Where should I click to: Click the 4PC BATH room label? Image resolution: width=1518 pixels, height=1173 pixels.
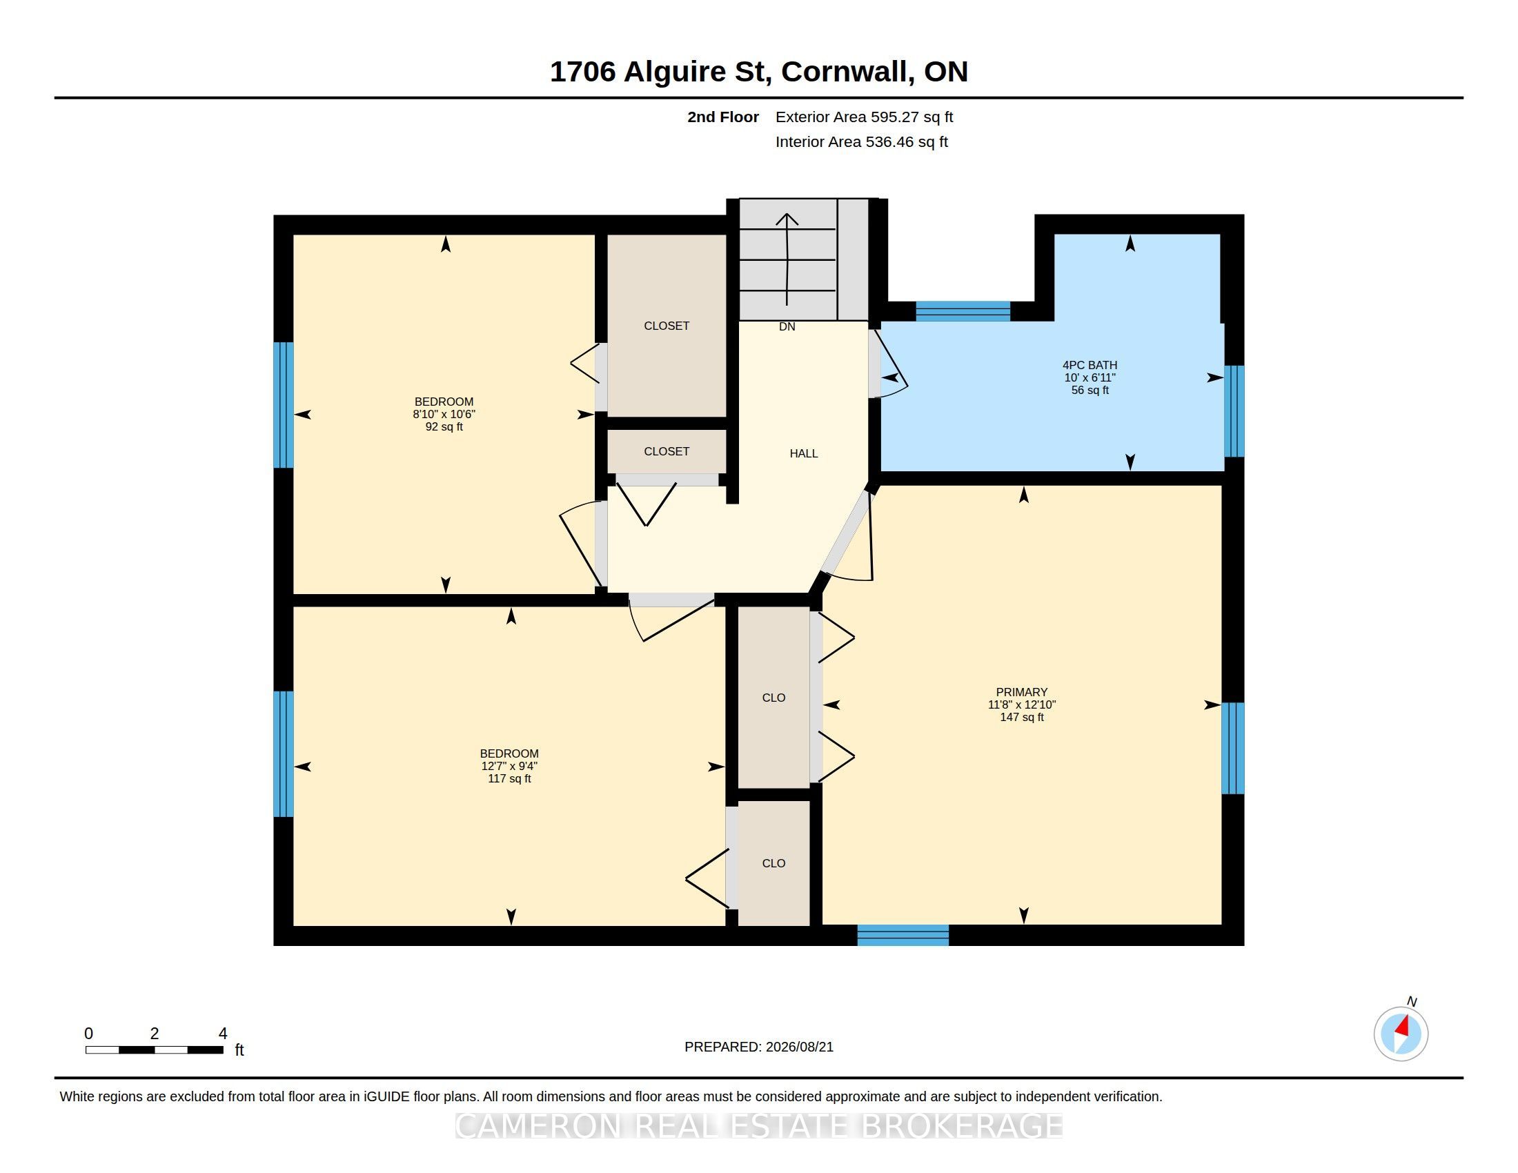pyautogui.click(x=1089, y=365)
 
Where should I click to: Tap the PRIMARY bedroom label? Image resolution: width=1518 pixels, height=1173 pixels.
pyautogui.click(x=1021, y=692)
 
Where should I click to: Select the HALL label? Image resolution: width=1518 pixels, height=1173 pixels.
pyautogui.click(x=803, y=454)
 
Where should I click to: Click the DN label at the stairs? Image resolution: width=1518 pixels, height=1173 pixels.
pyautogui.click(x=787, y=326)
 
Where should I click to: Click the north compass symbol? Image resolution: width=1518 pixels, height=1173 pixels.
pyautogui.click(x=1401, y=1033)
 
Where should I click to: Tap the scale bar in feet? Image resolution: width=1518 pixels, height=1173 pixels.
pyautogui.click(x=155, y=1049)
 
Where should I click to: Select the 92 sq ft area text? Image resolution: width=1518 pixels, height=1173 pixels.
pyautogui.click(x=444, y=426)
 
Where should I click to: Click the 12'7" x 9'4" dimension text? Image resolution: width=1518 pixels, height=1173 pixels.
pyautogui.click(x=509, y=766)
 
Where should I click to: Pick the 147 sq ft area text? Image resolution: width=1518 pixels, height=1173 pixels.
pyautogui.click(x=1022, y=717)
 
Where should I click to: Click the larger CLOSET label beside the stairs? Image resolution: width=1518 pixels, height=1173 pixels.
pyautogui.click(x=667, y=326)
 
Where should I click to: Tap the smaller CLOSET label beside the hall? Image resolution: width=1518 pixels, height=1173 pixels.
pyautogui.click(x=667, y=452)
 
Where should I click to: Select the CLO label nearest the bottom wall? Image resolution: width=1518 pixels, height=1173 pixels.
pyautogui.click(x=773, y=863)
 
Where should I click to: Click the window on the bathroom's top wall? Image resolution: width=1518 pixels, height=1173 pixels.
pyautogui.click(x=963, y=311)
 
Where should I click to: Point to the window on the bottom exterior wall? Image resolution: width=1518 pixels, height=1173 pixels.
pyautogui.click(x=903, y=936)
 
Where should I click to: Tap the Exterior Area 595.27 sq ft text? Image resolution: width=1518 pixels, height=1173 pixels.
pyautogui.click(x=864, y=117)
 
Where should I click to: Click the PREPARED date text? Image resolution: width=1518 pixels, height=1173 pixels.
pyautogui.click(x=759, y=1047)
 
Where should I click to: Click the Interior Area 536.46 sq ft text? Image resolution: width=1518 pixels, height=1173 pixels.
pyautogui.click(x=861, y=141)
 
